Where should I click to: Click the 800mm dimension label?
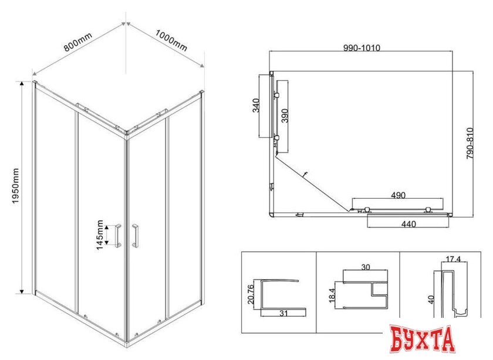click(77, 42)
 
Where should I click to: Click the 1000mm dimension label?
click(171, 40)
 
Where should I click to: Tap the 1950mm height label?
click(15, 186)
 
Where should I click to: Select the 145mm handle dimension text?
click(100, 235)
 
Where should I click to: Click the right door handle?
click(135, 235)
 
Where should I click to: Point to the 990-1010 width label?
click(362, 47)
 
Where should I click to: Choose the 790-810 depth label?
click(470, 143)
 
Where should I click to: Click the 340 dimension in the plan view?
click(256, 106)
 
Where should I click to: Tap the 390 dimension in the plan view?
click(284, 116)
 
